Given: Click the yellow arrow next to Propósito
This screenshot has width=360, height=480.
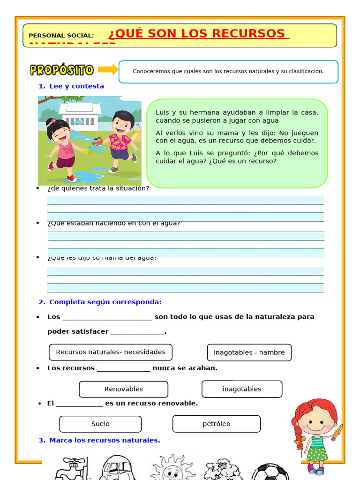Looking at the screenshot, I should click(x=108, y=70).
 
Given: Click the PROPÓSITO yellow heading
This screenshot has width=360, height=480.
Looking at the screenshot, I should click(x=62, y=70).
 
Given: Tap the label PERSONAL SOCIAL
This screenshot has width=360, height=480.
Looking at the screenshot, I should click(x=61, y=36).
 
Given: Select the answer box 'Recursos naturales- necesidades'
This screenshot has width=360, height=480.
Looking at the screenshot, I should click(x=111, y=352).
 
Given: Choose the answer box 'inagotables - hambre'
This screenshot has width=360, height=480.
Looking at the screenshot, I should click(x=249, y=352).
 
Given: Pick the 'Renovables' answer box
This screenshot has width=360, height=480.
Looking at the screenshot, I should click(x=123, y=389).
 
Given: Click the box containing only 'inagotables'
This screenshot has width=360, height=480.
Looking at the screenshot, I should click(x=242, y=389).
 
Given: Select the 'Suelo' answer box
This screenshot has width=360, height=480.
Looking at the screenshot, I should click(x=100, y=424).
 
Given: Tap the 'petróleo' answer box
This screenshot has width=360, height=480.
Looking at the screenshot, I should click(x=216, y=424).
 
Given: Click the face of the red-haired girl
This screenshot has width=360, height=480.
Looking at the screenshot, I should click(x=315, y=420).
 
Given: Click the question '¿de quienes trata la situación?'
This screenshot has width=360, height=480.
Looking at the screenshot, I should click(x=98, y=188).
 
